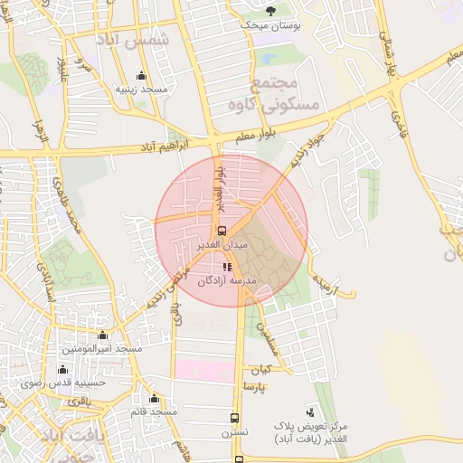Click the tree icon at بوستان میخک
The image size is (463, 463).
270,11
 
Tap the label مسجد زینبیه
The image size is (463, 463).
140,90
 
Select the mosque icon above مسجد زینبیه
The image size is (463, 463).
140,76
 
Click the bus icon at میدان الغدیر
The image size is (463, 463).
222,231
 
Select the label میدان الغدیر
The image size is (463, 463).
222,245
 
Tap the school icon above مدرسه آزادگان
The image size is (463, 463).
227,267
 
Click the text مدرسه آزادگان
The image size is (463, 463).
228,281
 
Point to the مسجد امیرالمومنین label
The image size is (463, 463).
102,348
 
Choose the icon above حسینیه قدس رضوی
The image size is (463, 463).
62,369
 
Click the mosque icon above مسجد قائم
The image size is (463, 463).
154,398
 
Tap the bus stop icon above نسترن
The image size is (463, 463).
235,419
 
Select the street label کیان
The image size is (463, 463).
261,370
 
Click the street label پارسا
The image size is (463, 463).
254,386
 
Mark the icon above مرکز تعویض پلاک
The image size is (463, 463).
312,411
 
